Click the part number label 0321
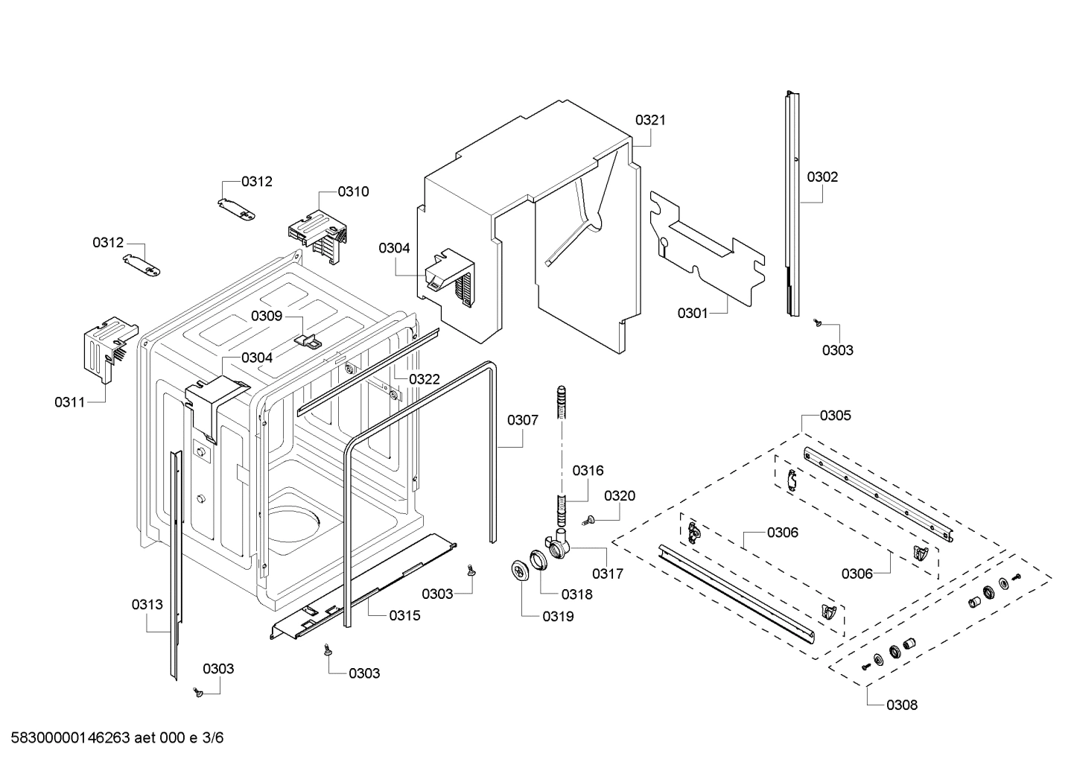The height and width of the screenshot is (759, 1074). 650,120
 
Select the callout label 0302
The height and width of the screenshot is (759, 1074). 822,177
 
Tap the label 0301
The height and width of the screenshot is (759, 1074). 693,314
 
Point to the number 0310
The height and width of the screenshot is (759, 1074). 353,191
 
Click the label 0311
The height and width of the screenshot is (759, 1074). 69,402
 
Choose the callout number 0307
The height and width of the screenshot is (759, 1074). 523,420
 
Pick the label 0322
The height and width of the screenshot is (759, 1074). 425,379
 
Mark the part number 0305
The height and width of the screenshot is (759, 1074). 835,416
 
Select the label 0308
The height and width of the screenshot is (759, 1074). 902,705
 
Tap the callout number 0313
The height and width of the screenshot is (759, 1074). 147,605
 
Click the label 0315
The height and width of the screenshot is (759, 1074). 404,615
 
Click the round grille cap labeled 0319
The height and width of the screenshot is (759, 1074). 519,569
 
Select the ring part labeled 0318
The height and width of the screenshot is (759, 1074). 538,559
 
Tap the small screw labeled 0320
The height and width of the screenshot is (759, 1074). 590,519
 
